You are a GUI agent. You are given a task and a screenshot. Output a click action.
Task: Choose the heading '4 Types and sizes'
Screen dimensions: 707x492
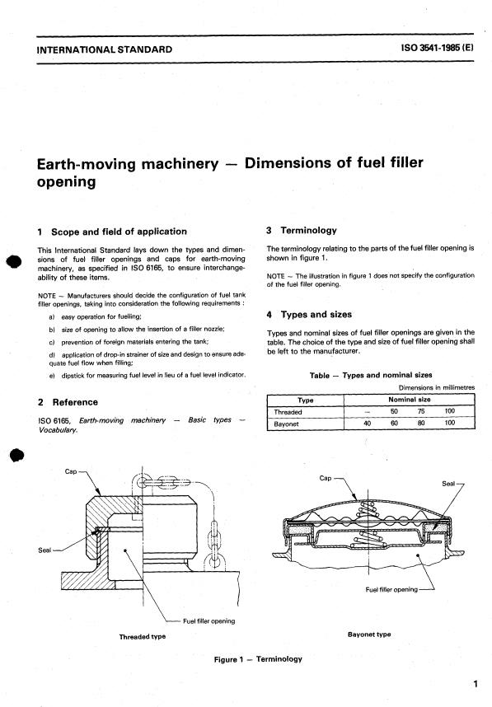(x=310, y=314)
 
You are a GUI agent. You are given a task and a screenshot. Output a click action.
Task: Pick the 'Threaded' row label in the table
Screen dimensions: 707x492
(x=288, y=411)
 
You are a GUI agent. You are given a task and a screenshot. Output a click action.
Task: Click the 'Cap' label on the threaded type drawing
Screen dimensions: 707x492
(x=70, y=472)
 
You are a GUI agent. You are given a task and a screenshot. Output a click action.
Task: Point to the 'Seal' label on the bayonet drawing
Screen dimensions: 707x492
(x=449, y=484)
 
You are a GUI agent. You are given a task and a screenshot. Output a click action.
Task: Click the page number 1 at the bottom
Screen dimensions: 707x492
(x=476, y=683)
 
